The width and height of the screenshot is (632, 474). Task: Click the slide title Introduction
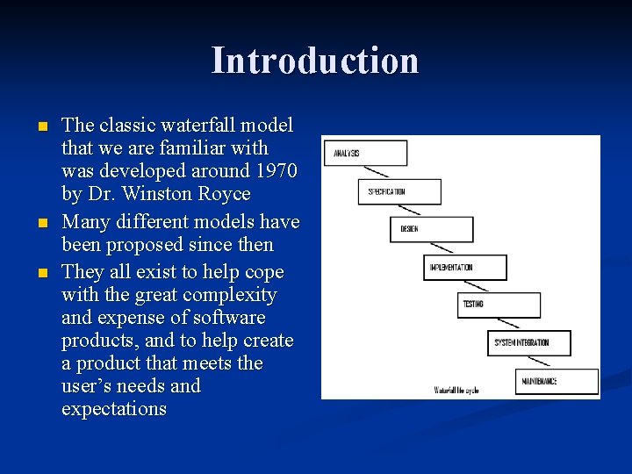[x=315, y=61]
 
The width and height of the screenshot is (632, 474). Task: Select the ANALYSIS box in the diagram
[x=365, y=153]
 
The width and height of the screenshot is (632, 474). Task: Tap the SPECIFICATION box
[x=399, y=191]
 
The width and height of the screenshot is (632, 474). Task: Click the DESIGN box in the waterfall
[x=431, y=229]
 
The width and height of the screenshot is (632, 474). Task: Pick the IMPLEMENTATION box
[x=466, y=267]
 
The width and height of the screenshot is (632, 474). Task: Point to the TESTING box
[x=500, y=305]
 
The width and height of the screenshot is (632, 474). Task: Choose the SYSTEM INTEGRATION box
[x=530, y=342]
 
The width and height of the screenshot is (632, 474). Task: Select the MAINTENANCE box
[x=559, y=381]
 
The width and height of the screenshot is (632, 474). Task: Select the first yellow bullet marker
[x=42, y=126]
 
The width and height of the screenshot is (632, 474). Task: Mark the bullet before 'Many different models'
[x=42, y=223]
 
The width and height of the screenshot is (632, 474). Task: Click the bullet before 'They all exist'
[x=42, y=273]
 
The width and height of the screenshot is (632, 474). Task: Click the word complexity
[x=229, y=295]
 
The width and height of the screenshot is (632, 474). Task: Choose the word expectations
[x=113, y=409]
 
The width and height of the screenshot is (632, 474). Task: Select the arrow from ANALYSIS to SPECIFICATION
[x=384, y=172]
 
